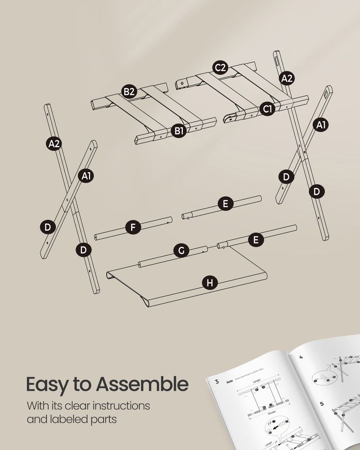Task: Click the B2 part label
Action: click(x=129, y=92)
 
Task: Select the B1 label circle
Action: click(x=179, y=131)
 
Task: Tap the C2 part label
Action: click(x=220, y=68)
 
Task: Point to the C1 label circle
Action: click(x=267, y=108)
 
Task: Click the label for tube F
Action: click(x=133, y=228)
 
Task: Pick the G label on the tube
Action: click(x=181, y=251)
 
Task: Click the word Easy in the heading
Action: click(x=47, y=385)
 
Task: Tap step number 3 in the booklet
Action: click(x=217, y=382)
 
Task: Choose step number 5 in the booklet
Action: click(x=322, y=404)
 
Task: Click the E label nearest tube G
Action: click(x=256, y=240)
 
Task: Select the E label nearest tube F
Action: click(x=225, y=203)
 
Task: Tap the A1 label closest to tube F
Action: click(x=87, y=176)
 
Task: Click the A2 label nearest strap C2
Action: click(x=287, y=78)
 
